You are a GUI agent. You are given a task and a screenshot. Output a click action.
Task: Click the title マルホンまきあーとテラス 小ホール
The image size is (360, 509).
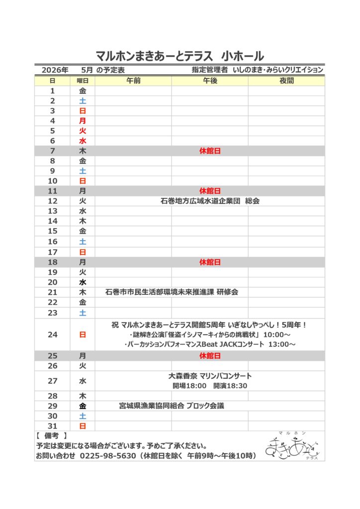coord(180,55)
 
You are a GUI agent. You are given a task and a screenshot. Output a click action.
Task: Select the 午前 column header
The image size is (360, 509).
coord(133,81)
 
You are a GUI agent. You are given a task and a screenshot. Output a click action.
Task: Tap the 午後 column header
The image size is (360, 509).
coord(210,81)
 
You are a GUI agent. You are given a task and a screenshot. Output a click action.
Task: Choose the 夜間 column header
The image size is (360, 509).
coord(286,81)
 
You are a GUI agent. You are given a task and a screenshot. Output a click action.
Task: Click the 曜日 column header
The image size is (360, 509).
coord(83,81)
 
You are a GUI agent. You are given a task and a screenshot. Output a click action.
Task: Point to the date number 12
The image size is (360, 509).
coord(53,201)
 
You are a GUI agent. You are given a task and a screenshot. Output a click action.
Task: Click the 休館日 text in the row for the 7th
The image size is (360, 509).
coord(210,151)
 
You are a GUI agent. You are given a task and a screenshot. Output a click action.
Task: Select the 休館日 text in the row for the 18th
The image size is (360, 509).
coord(210,262)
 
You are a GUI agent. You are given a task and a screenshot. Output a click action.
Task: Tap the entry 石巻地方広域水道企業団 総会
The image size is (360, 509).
coord(210,201)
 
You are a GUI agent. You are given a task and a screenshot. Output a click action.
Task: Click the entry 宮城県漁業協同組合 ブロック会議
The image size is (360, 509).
coord(172,406)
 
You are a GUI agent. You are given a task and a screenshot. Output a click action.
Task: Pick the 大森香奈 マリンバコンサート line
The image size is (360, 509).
coord(210,376)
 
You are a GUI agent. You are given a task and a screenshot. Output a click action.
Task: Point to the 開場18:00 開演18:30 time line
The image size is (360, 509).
coord(210,386)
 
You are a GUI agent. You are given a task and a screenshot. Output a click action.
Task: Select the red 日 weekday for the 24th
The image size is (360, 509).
coord(83,335)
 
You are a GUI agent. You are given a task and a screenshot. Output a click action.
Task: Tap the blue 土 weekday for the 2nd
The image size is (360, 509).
coord(83,101)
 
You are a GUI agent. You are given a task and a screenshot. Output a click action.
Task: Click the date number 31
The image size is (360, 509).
coord(53,426)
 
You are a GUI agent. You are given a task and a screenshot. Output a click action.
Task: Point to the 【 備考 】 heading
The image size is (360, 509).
coord(52,436)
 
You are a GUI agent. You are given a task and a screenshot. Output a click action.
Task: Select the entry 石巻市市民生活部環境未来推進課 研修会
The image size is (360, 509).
coord(172,292)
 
